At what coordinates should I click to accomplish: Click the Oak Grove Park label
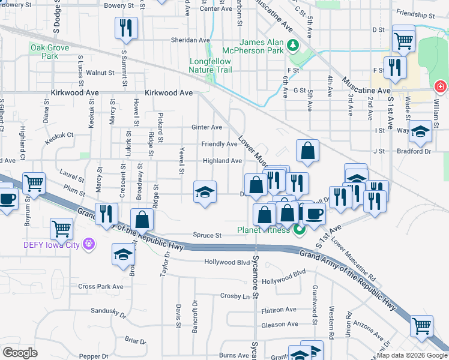coord(46,52)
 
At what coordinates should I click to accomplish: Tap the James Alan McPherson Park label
coord(261,46)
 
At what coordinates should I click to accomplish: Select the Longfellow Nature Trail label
coord(210,65)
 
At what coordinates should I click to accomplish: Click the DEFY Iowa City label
coord(52,244)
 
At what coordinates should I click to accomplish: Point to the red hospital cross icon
coord(441,87)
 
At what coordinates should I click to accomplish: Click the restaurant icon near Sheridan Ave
coord(126,28)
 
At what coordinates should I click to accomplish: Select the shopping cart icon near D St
coord(403,40)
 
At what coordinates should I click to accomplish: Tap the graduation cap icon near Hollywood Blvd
coord(123,254)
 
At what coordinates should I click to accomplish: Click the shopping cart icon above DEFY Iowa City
coord(62,228)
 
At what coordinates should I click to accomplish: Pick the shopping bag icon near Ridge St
coord(142,219)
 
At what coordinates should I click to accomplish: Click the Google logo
coord(20,353)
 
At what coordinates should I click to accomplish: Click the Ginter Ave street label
coord(206,127)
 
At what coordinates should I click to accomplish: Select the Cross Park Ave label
coord(100,287)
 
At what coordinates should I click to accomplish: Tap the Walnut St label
coord(100,73)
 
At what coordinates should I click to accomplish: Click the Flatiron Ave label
coord(279,310)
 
